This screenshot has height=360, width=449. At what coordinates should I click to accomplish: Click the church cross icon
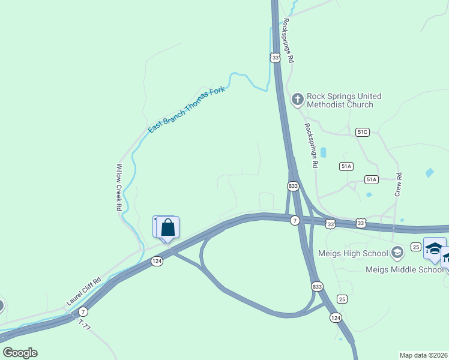(x=297, y=100)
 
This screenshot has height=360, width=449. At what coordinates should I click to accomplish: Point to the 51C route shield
(x=362, y=131)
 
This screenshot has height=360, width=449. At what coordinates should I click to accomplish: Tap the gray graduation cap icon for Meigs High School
(x=396, y=252)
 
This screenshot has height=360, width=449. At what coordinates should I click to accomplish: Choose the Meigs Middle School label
(x=404, y=269)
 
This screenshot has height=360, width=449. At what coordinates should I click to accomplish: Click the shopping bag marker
(x=169, y=228)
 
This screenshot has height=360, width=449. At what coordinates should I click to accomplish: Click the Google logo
(x=20, y=353)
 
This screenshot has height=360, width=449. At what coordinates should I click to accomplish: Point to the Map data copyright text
(x=424, y=355)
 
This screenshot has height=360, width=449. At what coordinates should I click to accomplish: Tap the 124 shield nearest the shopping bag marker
(x=157, y=261)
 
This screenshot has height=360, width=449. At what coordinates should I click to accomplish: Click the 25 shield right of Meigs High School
(x=415, y=247)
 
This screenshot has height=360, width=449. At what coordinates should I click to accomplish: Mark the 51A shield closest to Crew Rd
(x=372, y=179)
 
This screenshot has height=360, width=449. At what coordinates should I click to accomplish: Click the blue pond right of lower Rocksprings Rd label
(x=324, y=152)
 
